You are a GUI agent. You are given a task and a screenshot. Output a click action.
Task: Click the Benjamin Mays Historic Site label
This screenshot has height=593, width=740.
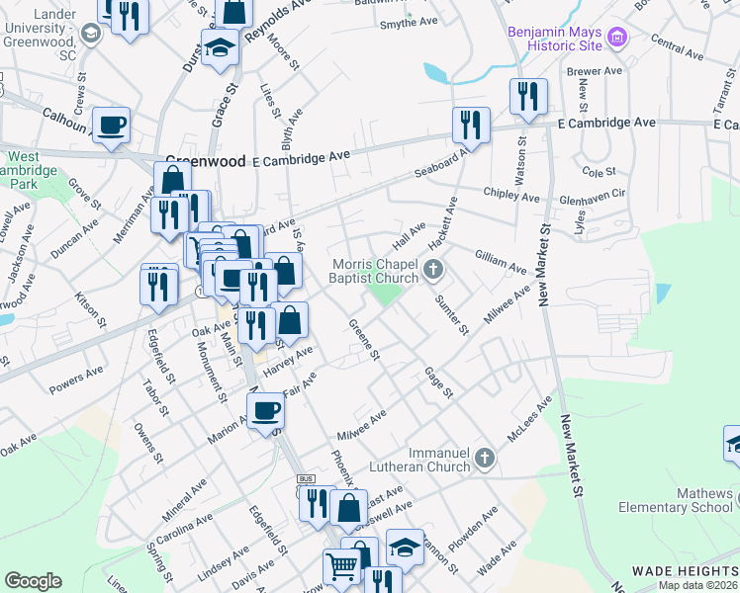tap(554, 39)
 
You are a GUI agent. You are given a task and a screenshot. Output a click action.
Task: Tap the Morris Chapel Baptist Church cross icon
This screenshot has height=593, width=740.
tap(431, 269)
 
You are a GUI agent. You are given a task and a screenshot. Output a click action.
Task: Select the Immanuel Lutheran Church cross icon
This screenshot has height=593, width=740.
tap(483, 458)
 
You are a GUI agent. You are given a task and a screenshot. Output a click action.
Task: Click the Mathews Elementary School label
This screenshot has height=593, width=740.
tap(677, 500)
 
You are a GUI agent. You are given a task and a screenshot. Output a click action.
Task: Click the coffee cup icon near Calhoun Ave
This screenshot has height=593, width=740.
tap(111, 125)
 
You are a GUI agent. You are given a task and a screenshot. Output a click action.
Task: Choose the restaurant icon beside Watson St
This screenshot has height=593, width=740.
tap(528, 96)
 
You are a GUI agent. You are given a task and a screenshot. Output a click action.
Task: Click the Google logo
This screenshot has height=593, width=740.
tap(33, 581)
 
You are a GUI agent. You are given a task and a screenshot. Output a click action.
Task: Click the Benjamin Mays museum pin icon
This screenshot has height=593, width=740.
tap(618, 39)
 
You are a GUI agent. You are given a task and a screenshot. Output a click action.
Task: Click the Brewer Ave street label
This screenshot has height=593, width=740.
tap(594, 71)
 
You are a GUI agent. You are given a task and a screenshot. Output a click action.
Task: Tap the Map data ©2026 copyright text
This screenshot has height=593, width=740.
tap(698, 585)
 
